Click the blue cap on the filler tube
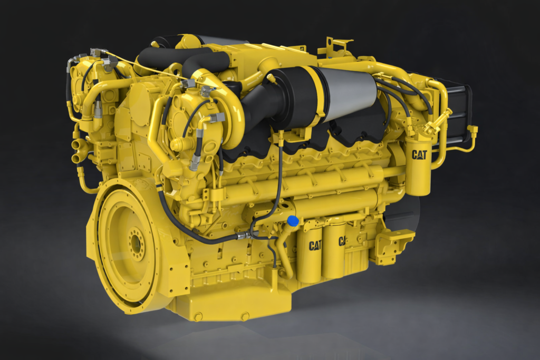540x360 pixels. click(292, 220)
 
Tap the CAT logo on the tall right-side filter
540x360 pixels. click(419, 155)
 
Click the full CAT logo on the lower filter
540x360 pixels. click(315, 246)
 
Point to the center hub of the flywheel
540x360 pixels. click(137, 244)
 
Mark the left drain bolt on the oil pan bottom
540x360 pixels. click(198, 316)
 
